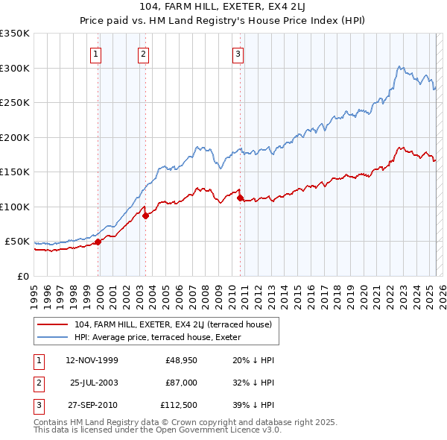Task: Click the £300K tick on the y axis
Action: click(x=15, y=68)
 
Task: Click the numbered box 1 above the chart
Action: click(x=98, y=53)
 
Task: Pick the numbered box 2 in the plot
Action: click(x=142, y=53)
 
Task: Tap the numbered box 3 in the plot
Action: click(x=238, y=53)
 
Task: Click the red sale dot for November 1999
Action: click(x=98, y=242)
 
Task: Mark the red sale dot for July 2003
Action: click(x=146, y=216)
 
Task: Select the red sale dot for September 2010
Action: click(x=240, y=198)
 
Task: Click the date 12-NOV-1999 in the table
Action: click(x=92, y=360)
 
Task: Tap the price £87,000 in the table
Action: click(x=181, y=383)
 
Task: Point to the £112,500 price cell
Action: click(x=179, y=405)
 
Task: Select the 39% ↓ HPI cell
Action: click(x=253, y=405)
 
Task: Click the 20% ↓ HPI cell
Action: click(x=253, y=360)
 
